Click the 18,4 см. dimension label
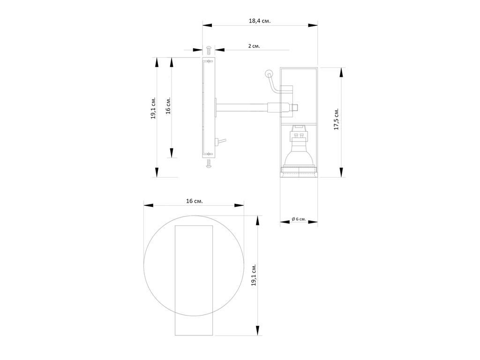coord(260,21)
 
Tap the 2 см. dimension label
coord(254,46)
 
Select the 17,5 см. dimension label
coord(337,119)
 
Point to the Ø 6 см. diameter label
coord(299,219)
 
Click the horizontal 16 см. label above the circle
coord(195,201)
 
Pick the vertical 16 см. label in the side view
coord(168,105)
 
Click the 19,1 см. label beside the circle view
coord(254,275)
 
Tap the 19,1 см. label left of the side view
coord(153,108)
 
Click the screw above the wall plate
coord(209,50)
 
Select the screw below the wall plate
coord(209,164)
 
